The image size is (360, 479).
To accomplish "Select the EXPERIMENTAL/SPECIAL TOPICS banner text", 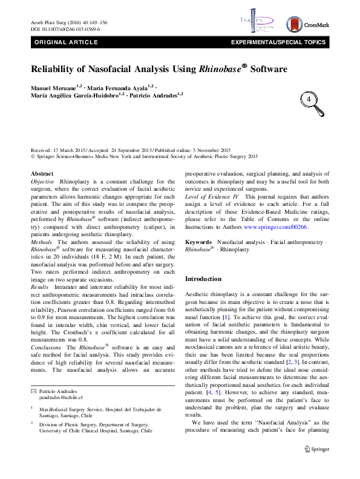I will [283, 42].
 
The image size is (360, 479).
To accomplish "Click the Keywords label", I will [198, 259].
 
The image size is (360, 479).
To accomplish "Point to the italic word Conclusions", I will [47, 347].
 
